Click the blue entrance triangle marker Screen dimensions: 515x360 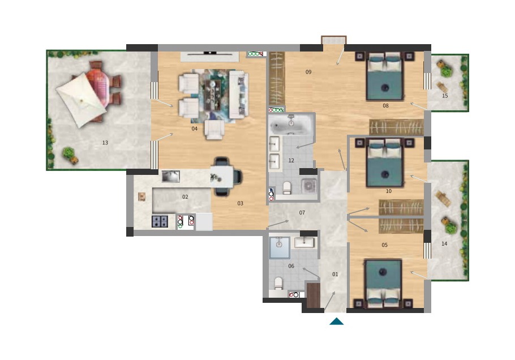click(336, 322)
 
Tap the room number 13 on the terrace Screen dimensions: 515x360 click(105, 143)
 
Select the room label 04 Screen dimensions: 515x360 click(195, 128)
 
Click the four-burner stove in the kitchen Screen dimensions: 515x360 click(160, 221)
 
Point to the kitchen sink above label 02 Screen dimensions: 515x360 click(171, 176)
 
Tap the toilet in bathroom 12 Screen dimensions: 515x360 click(287, 188)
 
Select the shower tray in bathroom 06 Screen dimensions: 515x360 click(280, 247)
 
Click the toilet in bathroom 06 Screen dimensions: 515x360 click(278, 284)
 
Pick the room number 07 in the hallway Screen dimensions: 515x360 click(302, 213)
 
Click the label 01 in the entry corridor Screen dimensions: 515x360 click(335, 275)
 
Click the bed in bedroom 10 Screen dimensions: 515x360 click(385, 162)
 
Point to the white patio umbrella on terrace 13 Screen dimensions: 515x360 click(81, 100)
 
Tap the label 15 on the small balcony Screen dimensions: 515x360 click(445, 96)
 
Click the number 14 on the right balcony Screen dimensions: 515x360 click(444, 244)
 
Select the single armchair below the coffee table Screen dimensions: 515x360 click(214, 130)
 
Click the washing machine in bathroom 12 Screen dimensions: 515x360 click(309, 186)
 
